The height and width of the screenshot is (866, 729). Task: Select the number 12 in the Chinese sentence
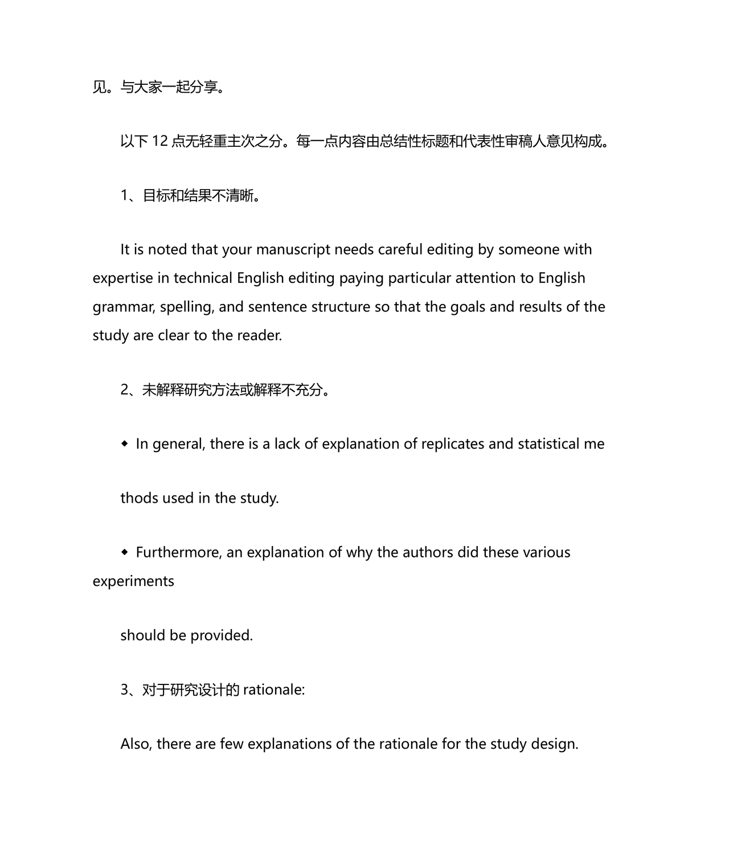[160, 141]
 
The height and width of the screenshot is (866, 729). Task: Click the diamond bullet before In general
[125, 444]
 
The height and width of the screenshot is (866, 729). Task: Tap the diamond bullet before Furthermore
[125, 552]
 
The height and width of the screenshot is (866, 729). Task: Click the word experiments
[133, 581]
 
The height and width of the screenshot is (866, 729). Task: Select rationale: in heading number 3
[274, 690]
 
